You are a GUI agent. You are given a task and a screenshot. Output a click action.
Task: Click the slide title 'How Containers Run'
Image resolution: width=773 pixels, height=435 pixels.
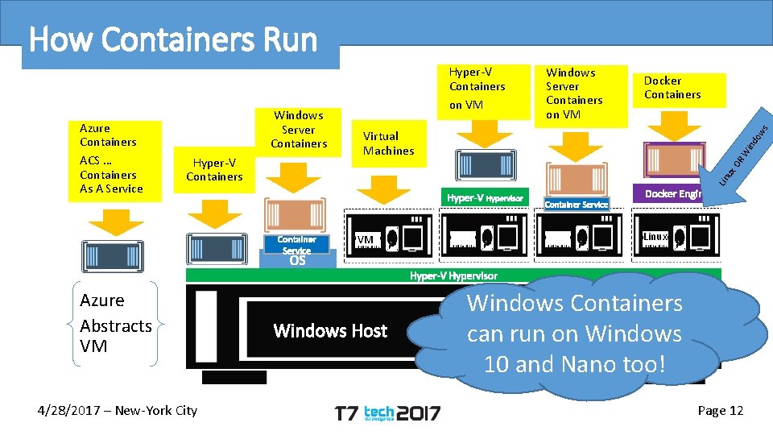pyautogui.click(x=173, y=39)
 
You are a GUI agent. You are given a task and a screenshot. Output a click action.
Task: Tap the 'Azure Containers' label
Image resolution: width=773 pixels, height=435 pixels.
pyautogui.click(x=108, y=135)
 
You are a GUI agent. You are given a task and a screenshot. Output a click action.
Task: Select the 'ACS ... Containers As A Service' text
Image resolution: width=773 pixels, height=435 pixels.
pyautogui.click(x=111, y=175)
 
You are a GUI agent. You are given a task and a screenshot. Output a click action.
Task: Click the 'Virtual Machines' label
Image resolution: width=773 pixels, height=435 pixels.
pyautogui.click(x=388, y=143)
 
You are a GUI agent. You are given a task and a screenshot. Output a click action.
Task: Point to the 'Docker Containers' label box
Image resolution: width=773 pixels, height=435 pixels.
pyautogui.click(x=672, y=88)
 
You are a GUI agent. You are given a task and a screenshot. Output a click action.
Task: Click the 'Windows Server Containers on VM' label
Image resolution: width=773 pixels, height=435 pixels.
pyautogui.click(x=573, y=93)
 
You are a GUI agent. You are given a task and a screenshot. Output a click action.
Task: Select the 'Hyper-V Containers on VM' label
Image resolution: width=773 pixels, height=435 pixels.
pyautogui.click(x=477, y=87)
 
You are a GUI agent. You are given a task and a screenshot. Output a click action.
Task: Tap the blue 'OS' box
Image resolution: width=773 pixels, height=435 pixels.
pyautogui.click(x=297, y=260)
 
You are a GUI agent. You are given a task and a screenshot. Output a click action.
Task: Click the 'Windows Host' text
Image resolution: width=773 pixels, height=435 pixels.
pyautogui.click(x=330, y=331)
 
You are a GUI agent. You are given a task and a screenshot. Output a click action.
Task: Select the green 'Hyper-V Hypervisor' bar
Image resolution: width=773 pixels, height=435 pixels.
pyautogui.click(x=453, y=275)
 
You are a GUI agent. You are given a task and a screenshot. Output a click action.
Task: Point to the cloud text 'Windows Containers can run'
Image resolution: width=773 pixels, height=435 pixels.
pyautogui.click(x=575, y=318)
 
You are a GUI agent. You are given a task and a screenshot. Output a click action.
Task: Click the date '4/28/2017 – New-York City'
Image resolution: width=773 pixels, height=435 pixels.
pyautogui.click(x=118, y=411)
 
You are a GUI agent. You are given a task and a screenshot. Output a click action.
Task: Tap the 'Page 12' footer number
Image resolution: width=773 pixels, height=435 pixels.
pyautogui.click(x=720, y=411)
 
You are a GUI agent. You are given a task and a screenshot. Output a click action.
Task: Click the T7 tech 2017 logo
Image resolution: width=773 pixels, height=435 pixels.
pyautogui.click(x=387, y=413)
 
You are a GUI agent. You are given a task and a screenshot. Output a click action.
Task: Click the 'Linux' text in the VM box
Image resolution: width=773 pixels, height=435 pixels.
pyautogui.click(x=655, y=236)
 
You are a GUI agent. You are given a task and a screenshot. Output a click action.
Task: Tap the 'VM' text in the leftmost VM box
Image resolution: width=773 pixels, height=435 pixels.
pyautogui.click(x=365, y=239)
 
